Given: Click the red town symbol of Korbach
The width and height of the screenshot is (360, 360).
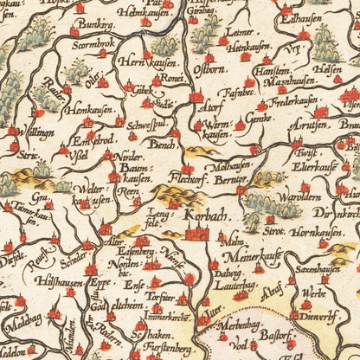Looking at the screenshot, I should pyautogui.click(x=196, y=231).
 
